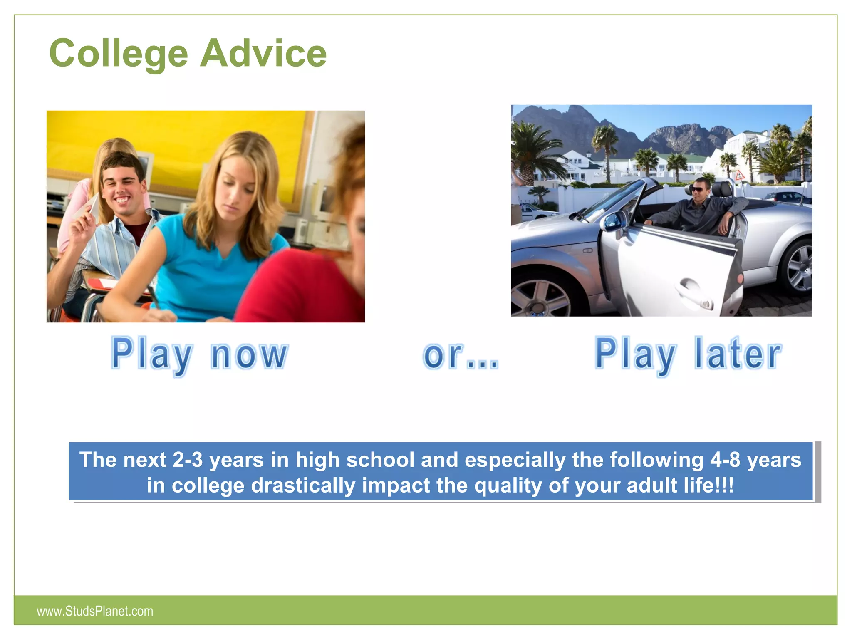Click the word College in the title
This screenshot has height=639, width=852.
point(119,53)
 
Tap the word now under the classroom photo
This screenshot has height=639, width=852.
point(249,354)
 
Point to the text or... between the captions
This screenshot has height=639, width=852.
point(461,356)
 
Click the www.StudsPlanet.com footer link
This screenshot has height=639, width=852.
point(95,611)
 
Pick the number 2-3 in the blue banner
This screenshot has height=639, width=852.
point(187,460)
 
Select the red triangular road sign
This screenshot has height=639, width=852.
point(739,176)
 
